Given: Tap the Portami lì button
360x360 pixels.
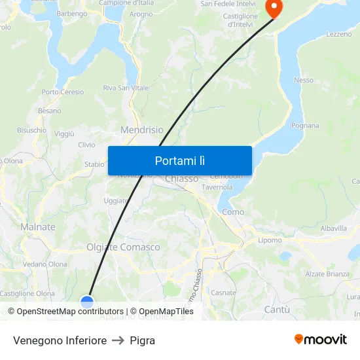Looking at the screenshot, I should click(180, 160).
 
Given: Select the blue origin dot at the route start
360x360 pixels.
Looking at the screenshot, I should click(87, 301).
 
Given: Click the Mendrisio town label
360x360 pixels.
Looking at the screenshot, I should click(142, 130).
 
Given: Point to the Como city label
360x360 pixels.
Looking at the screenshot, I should click(233, 211).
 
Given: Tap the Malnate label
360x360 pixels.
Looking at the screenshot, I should click(38, 226).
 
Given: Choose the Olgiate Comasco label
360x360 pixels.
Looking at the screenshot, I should click(123, 247).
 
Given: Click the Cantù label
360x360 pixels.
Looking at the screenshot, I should click(277, 308).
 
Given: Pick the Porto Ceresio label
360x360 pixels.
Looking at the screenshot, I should click(63, 92).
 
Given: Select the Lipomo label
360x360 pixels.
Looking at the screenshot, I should click(270, 240).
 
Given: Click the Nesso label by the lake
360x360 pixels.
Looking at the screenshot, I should click(304, 80).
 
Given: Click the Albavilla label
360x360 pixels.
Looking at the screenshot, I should click(334, 228).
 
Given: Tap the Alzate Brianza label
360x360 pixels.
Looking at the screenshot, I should click(328, 274).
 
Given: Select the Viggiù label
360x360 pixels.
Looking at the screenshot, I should click(64, 134).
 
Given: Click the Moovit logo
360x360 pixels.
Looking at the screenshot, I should click(321, 339).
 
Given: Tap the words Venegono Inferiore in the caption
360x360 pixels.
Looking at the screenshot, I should click(60, 340).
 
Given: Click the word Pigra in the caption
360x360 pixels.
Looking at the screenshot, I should click(142, 340).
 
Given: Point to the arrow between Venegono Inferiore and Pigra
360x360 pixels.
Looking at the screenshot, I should click(118, 340).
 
